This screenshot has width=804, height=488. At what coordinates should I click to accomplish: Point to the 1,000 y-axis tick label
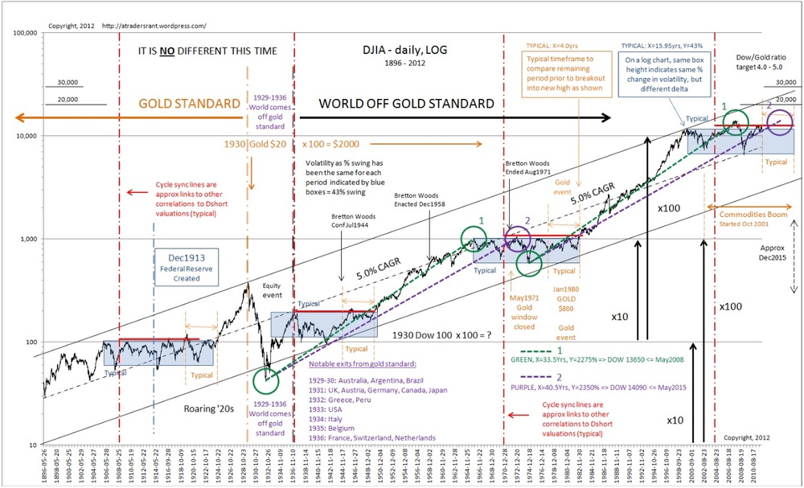29,239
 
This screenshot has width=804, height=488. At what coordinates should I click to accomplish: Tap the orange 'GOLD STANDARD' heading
191,103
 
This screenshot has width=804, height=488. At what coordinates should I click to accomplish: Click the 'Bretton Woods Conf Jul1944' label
354,222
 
